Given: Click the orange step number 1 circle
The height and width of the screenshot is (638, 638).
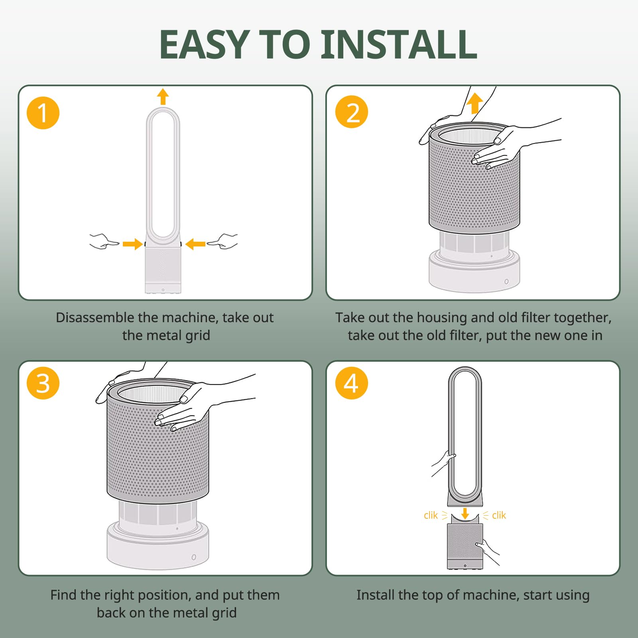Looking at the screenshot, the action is [x=43, y=113].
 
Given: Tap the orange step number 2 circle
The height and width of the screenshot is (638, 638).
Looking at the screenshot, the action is [x=352, y=112].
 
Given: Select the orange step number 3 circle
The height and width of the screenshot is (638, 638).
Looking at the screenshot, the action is [x=43, y=383].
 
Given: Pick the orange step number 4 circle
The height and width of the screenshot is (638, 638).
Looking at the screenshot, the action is [x=352, y=383].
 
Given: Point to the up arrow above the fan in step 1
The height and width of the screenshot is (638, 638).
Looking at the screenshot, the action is [x=163, y=96].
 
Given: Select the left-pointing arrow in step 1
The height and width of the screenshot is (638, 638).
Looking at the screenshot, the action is [x=195, y=244].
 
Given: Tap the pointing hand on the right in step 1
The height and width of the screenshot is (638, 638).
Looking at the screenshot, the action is [x=223, y=241].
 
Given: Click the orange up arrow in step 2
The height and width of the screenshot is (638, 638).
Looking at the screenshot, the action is [x=475, y=103].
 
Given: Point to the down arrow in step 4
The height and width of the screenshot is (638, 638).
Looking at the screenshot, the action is [x=465, y=513].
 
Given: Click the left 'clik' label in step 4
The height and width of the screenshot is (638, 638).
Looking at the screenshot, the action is [x=431, y=516].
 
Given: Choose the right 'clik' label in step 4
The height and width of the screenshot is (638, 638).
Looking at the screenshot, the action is [x=499, y=516].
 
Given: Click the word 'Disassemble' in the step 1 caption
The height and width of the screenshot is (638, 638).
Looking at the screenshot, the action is [x=95, y=317].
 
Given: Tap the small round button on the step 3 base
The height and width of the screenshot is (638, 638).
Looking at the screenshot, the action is [x=194, y=557].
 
